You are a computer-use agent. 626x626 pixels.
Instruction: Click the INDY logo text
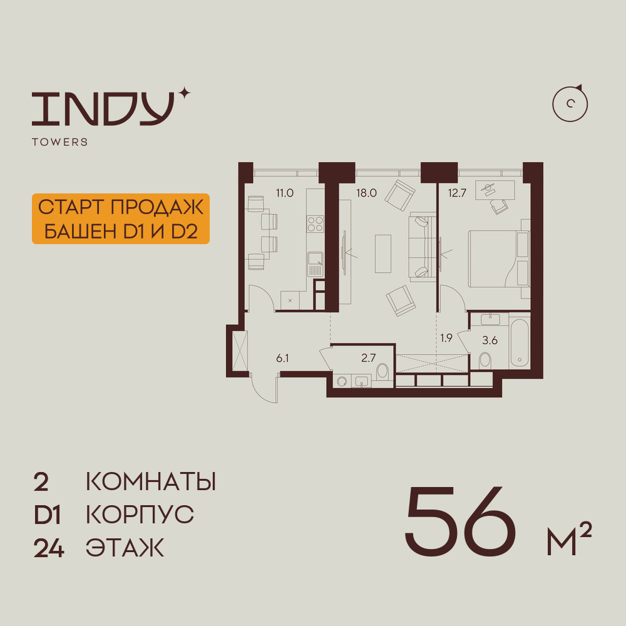pos(103,108)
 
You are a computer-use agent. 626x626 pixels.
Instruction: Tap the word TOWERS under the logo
pos(60,142)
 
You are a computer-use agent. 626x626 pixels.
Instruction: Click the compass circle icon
pos(570,104)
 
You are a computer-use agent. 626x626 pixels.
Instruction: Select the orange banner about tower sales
pos(121,218)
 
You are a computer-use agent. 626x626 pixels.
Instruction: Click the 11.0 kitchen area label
pos(285,193)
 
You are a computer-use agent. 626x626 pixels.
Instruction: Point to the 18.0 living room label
pos(366,193)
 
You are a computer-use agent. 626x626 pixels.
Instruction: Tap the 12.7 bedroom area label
pos(457,193)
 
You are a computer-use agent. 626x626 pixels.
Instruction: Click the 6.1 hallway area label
pos(282,358)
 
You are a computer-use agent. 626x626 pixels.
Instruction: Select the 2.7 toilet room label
pos(369,357)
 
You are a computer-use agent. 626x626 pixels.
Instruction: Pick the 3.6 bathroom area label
pos(490,341)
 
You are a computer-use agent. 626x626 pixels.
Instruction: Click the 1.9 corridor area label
pos(446,338)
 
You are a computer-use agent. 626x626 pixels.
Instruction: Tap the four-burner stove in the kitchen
pos(315,223)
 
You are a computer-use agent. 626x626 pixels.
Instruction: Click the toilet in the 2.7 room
pos(382,371)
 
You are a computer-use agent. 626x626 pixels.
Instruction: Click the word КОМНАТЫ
pos(151,482)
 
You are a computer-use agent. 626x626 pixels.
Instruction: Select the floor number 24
pos(49,548)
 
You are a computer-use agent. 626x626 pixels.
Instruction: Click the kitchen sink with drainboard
pos(316,264)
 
